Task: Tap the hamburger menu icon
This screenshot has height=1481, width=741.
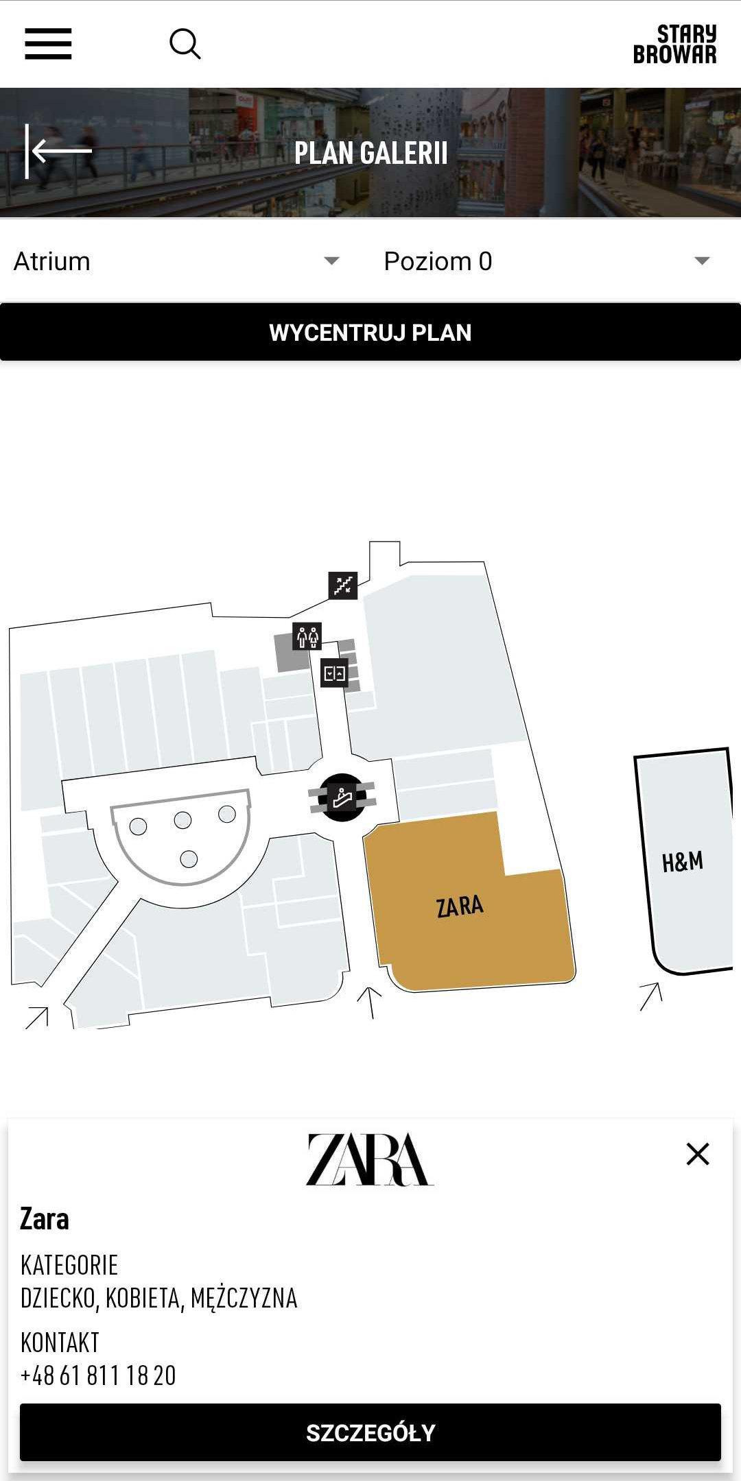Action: click(x=48, y=44)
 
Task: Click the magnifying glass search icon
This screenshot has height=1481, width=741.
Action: click(x=185, y=44)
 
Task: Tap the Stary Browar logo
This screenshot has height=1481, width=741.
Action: click(x=674, y=44)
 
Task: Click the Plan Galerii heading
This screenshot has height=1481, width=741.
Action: click(x=370, y=153)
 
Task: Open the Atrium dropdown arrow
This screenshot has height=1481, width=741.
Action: click(x=332, y=261)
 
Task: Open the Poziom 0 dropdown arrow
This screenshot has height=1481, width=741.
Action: click(x=702, y=261)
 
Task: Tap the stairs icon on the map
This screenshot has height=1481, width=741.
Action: click(x=343, y=586)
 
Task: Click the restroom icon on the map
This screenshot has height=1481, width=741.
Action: click(x=307, y=636)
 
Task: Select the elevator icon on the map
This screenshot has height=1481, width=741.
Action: click(x=334, y=673)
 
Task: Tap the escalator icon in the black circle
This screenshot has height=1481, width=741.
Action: click(x=342, y=797)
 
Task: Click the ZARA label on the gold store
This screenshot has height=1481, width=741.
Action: click(x=460, y=906)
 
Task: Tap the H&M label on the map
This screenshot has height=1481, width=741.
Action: click(x=683, y=862)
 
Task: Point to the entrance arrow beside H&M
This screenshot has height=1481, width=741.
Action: click(x=651, y=996)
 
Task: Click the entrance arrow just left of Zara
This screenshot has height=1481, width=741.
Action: click(x=370, y=1002)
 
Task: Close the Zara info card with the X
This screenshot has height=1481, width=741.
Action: click(x=698, y=1154)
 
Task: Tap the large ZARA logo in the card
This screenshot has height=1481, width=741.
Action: click(x=370, y=1159)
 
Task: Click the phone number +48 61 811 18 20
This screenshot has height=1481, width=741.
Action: click(x=98, y=1375)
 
